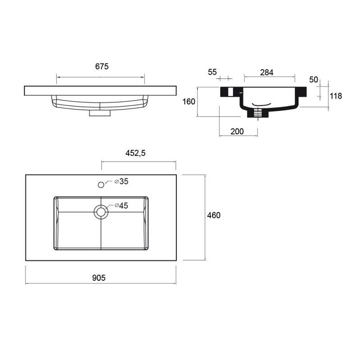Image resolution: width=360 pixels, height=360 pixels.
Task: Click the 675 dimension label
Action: point(102,66)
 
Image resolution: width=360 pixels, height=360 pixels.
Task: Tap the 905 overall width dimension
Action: point(99,278)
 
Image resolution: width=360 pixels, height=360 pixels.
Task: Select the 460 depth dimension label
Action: point(214,215)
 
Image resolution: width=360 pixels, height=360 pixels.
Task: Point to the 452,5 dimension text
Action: point(135,153)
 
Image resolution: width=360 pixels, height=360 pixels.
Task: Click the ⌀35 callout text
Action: point(121,181)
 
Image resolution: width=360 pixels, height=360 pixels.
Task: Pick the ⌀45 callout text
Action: point(121,206)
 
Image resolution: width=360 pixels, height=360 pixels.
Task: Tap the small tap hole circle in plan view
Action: point(101,184)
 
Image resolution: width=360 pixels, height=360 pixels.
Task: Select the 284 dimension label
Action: point(267,72)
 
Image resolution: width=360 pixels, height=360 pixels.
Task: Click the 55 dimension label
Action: point(212,72)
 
